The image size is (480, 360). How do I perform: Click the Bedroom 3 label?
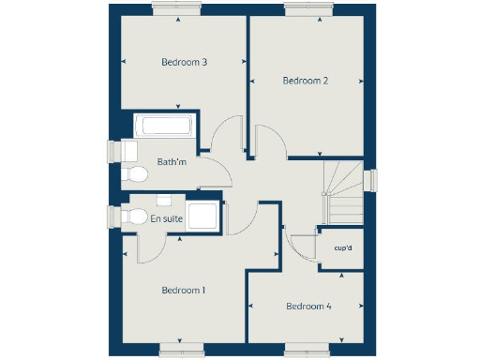(x=184, y=63)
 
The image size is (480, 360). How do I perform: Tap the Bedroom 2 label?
(x=306, y=81)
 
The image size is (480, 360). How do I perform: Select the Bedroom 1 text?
(x=184, y=291)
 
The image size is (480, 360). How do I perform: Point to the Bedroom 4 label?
(x=308, y=307)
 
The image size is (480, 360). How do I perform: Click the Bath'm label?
(x=172, y=162)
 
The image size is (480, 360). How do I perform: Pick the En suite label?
(x=166, y=219)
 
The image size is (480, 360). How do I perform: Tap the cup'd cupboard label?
(x=342, y=248)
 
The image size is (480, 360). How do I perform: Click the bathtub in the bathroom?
(x=164, y=127)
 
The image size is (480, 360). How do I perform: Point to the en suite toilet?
(x=131, y=217)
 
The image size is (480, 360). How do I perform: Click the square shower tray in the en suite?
(x=202, y=216)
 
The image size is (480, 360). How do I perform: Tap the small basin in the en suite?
(x=164, y=200)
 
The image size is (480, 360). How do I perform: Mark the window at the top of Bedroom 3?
(x=174, y=7)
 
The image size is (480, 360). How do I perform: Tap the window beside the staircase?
(x=370, y=183)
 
